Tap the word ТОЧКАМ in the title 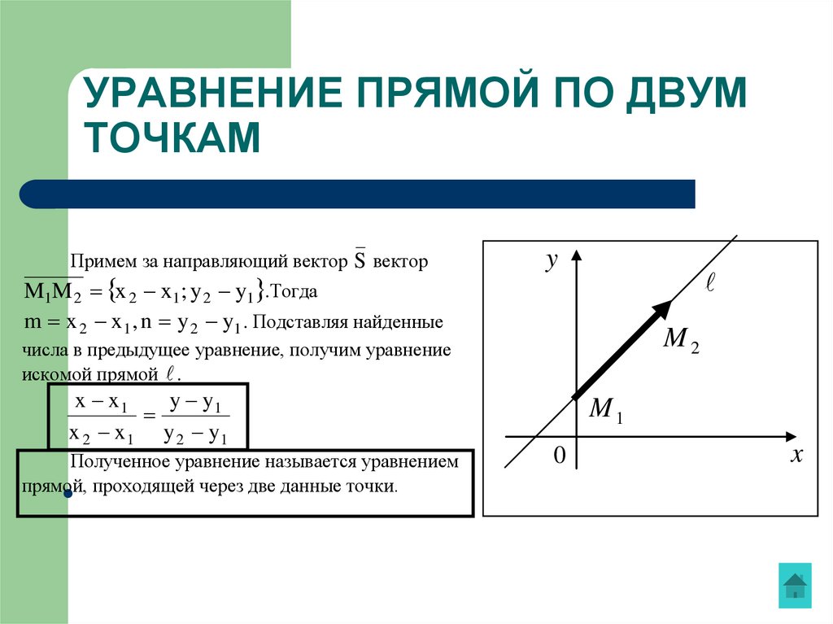[174, 137]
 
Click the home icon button [795, 585]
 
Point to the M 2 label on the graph [681, 340]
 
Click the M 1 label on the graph [605, 409]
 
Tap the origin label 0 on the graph [559, 456]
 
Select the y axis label [552, 260]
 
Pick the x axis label [796, 456]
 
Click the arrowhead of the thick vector [663, 309]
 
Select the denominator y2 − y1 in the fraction [194, 435]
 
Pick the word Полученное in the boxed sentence [116, 462]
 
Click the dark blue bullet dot [68, 493]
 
